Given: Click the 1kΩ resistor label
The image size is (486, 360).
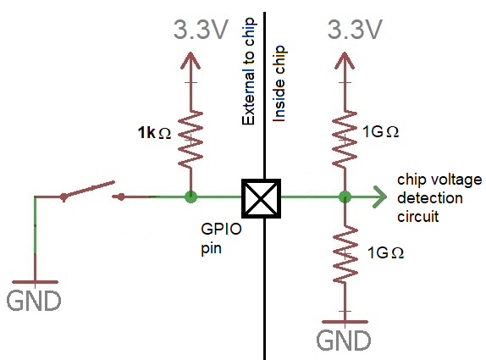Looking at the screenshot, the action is point(154,132).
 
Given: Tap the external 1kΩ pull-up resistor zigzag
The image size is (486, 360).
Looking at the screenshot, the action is point(191,141).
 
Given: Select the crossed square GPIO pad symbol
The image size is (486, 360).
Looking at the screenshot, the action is point(262,198).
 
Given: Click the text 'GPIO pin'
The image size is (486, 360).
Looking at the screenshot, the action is point(221,239).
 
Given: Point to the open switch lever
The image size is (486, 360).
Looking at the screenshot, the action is point(89,190).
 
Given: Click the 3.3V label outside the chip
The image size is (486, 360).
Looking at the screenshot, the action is point(201,30).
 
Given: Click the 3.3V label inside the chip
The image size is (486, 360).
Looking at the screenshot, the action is point(355,30).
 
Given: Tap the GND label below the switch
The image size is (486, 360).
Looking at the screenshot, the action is point(34,301).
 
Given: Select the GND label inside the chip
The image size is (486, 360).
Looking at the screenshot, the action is point(344,341).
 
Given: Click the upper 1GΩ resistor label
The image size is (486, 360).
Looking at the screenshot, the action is point(380,132).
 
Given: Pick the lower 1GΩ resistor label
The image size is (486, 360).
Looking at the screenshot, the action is point(385,252).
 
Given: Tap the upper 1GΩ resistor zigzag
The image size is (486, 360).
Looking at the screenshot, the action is point(344,140).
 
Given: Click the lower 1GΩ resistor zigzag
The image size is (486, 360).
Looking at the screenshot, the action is point(345,255).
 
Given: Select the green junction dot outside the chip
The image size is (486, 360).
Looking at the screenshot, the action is point(191,197).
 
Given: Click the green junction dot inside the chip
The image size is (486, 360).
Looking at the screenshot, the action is point(345,197).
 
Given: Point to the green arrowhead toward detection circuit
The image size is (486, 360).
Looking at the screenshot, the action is point(380,197).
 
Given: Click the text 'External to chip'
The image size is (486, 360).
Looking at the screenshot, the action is point(248,71).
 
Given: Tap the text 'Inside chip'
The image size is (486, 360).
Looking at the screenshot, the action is point(279,84).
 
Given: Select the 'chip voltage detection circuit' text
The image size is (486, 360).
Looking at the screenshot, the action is point(439,198).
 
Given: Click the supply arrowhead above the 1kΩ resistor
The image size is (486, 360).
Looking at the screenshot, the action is point(191,60).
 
